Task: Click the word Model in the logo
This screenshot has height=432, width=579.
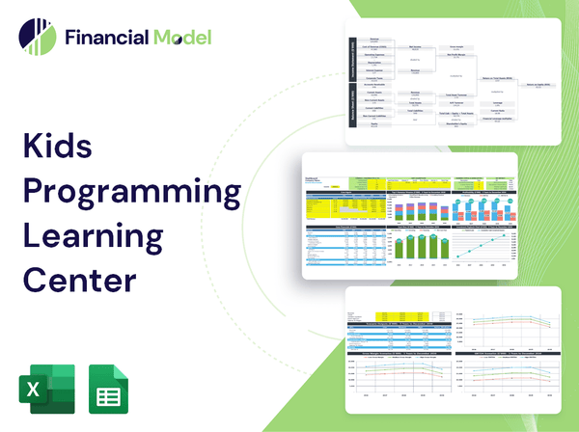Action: [x=180, y=38]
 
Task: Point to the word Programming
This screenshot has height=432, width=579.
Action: [x=131, y=192]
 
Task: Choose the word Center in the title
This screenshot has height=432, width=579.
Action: [x=80, y=278]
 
